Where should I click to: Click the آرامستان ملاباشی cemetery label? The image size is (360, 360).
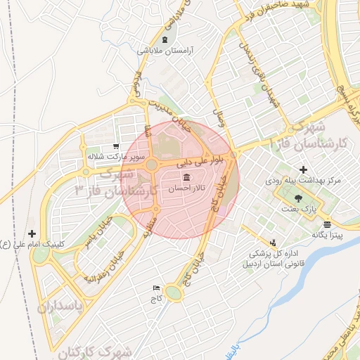point(165,51)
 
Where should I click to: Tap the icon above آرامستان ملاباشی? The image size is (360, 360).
point(165,39)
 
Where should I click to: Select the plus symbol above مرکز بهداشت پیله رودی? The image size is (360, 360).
point(303,169)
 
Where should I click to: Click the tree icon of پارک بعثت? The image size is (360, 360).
point(300,198)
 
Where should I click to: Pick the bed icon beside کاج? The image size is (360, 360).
point(156,288)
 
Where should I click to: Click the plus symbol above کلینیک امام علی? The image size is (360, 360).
point(32,233)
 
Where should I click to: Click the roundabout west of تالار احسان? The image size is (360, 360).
point(151,167)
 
